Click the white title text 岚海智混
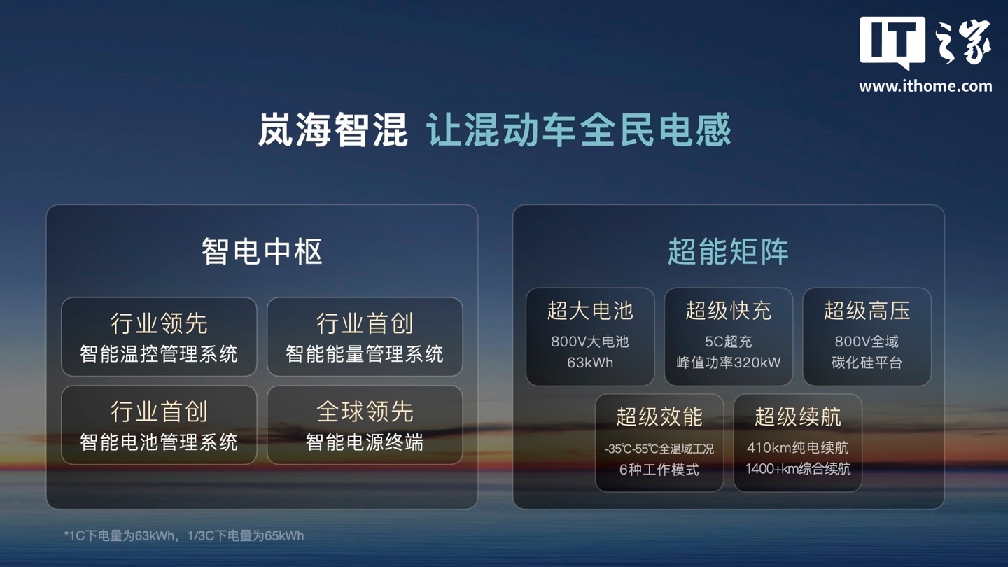click(x=333, y=129)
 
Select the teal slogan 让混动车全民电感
click(x=578, y=129)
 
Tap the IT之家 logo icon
click(x=925, y=43)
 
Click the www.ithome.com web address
click(x=925, y=86)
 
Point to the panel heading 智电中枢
click(x=262, y=251)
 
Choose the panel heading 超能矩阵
click(x=728, y=251)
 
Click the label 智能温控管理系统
click(x=159, y=354)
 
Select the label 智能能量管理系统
click(x=365, y=354)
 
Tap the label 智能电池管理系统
click(x=159, y=442)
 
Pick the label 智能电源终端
click(x=365, y=442)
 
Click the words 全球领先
click(x=365, y=412)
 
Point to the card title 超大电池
click(x=590, y=311)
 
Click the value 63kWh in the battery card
click(x=590, y=363)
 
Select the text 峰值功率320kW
click(x=728, y=363)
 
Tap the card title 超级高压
click(x=867, y=311)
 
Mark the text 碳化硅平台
click(x=867, y=363)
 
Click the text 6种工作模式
click(x=659, y=470)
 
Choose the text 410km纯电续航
click(x=797, y=448)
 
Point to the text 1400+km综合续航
click(x=797, y=469)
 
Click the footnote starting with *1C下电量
click(x=184, y=536)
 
